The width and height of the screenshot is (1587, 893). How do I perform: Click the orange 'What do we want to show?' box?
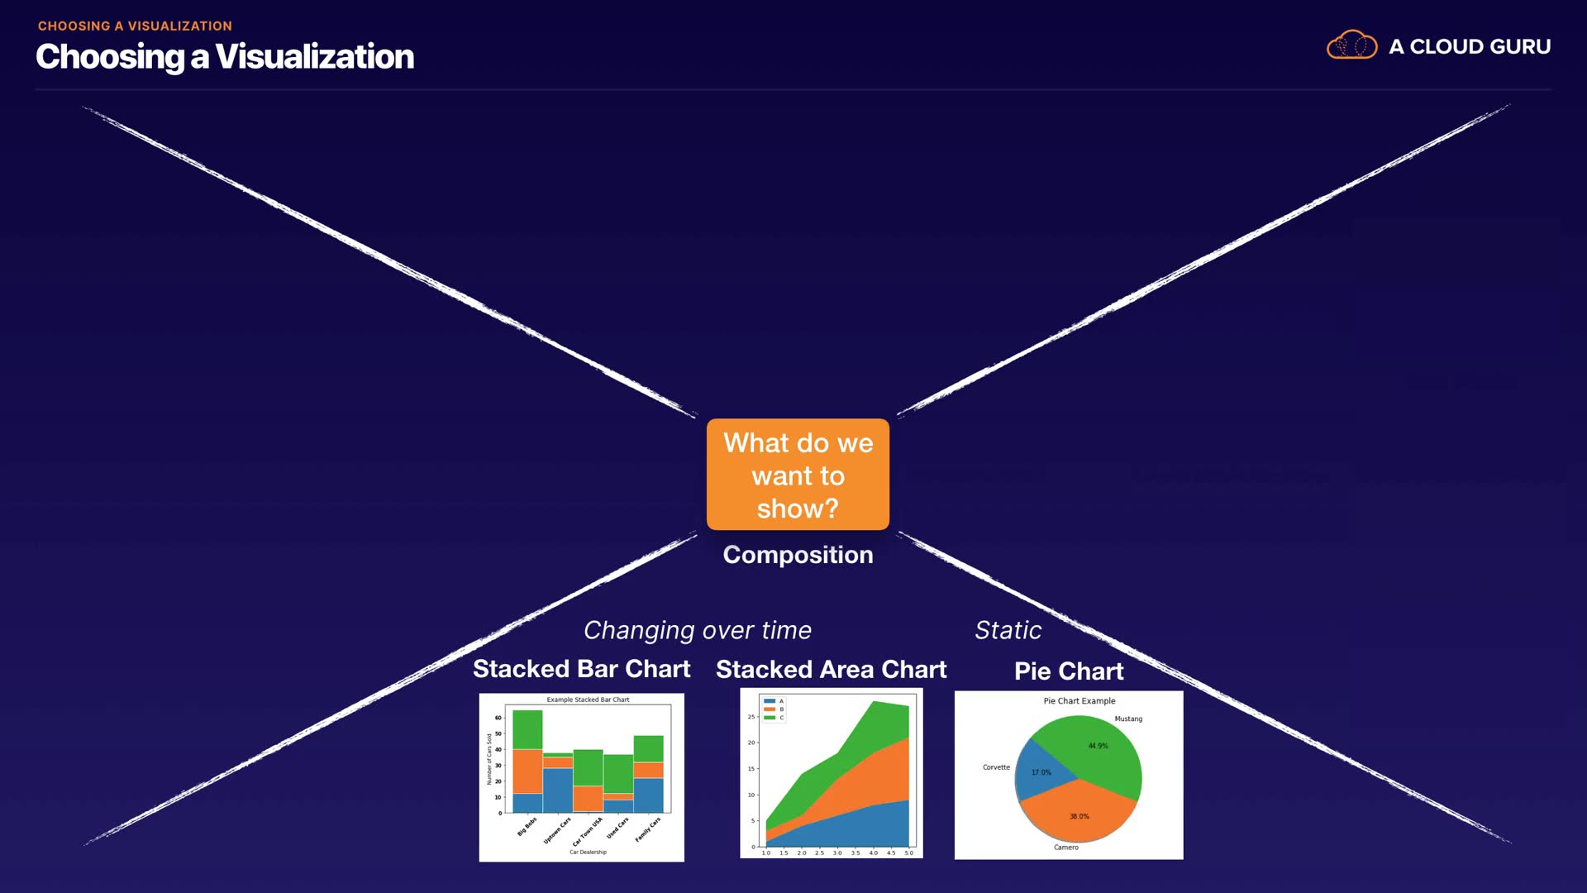tap(798, 475)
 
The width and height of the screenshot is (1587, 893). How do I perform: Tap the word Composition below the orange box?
tap(798, 555)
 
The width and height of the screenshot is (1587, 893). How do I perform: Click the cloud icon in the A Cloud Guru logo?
tap(1351, 45)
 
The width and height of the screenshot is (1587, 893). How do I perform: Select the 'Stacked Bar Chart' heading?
tap(581, 669)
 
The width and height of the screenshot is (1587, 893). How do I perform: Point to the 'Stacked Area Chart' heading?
tap(831, 670)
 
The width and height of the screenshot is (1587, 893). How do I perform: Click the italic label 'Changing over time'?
tap(698, 630)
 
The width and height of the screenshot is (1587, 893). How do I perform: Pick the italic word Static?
tap(1008, 630)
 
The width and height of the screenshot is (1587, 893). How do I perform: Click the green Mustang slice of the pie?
tap(1091, 748)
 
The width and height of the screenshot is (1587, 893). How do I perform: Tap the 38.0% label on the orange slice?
tap(1079, 816)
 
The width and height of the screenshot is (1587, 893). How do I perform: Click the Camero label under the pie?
tap(1065, 847)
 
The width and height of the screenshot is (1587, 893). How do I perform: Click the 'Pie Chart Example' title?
tap(1079, 701)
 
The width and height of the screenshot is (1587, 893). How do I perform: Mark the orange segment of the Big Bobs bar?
tap(527, 771)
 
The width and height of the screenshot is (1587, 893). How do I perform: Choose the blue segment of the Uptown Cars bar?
tap(557, 790)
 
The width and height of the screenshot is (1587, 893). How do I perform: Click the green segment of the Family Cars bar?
tap(648, 748)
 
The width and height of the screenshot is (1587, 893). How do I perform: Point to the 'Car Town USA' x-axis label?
tap(587, 831)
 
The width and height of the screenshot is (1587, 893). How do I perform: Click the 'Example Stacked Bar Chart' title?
tap(588, 700)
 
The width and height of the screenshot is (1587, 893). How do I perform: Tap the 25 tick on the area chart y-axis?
tap(751, 717)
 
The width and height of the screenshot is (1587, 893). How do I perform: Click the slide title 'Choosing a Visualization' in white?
tap(225, 57)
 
